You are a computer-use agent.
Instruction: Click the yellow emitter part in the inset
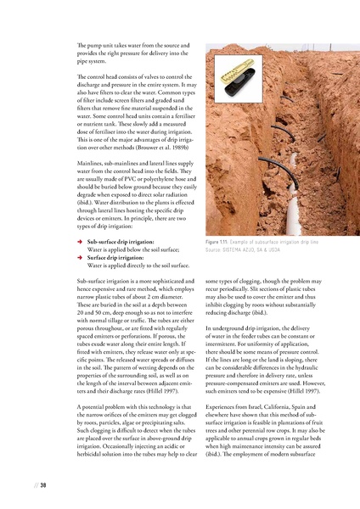pos(227,65)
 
